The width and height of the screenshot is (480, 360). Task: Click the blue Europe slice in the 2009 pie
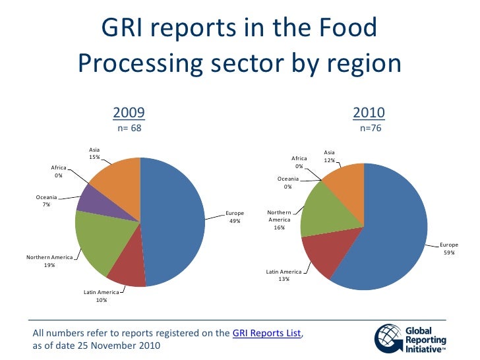175,221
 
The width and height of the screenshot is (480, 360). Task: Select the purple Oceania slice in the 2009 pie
92,198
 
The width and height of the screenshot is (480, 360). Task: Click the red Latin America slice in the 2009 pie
129,274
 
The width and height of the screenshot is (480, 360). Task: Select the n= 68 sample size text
129,128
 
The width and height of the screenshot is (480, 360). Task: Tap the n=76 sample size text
370,128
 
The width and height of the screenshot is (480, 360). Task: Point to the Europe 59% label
450,249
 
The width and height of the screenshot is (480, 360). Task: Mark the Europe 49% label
235,217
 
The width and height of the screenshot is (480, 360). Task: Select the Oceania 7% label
46,200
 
